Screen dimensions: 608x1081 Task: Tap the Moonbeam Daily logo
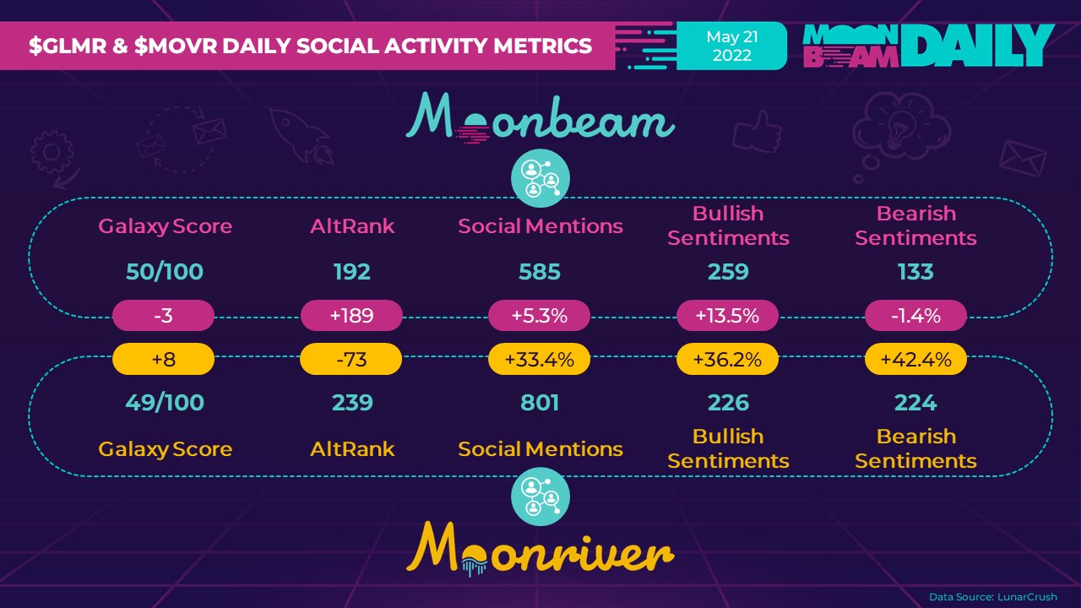click(927, 46)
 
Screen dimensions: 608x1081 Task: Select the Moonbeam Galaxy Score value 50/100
click(165, 272)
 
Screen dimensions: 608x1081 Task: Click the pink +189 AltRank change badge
click(351, 317)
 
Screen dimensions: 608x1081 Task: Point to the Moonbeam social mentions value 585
click(540, 272)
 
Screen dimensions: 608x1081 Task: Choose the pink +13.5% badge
click(728, 317)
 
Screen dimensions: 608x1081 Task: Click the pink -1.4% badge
click(915, 317)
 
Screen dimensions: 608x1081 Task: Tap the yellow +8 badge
click(164, 359)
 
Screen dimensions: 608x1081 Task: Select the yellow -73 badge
click(351, 359)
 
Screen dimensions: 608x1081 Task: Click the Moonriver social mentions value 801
click(540, 403)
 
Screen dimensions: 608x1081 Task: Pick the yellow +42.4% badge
click(915, 359)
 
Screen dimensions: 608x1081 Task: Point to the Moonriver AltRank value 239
click(352, 403)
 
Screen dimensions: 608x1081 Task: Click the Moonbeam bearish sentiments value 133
click(915, 272)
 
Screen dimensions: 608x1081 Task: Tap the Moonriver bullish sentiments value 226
click(728, 403)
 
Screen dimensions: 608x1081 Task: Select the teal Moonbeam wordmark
click(540, 121)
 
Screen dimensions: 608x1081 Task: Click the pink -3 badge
click(164, 317)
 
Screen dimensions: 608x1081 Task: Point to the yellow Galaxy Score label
click(165, 449)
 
